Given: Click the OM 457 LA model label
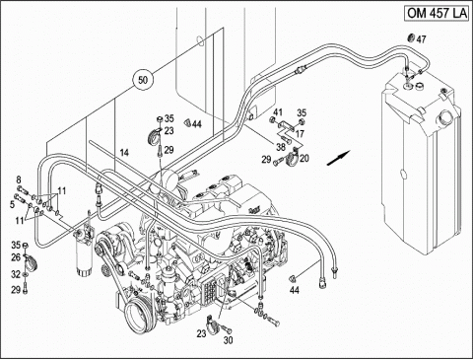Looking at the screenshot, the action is [x=437, y=13].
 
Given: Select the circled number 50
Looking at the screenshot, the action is [x=143, y=80].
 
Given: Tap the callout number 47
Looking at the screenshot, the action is [x=421, y=39].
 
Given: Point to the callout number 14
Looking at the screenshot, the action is [x=124, y=153].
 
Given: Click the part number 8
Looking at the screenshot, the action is [x=19, y=180].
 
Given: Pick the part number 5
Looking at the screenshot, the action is [x=12, y=205].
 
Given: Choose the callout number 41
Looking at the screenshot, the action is [x=278, y=112].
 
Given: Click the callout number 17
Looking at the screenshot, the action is [x=300, y=134].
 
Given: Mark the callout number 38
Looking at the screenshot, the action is [x=280, y=147].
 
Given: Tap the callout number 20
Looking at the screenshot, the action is [x=304, y=159].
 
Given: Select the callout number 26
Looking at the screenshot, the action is [x=16, y=257].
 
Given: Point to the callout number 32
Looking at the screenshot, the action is [x=16, y=274].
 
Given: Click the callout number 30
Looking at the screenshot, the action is [x=228, y=340].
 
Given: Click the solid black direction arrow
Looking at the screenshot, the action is [x=338, y=158].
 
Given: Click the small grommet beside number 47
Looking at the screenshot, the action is [x=411, y=37].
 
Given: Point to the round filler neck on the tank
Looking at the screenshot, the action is [x=447, y=118].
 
